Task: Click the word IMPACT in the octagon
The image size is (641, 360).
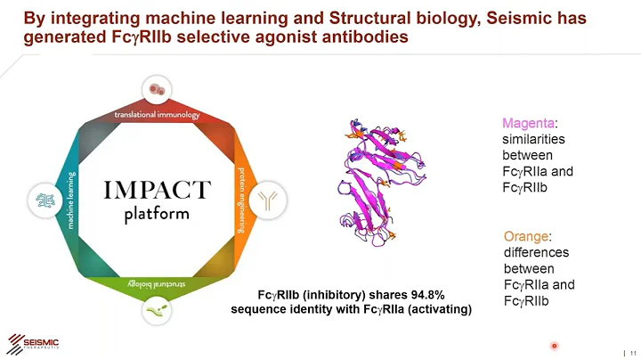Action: click(x=157, y=191)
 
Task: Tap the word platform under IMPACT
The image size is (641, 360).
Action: click(x=157, y=215)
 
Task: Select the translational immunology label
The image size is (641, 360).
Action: click(x=157, y=115)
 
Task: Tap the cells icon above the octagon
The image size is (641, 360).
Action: click(x=157, y=90)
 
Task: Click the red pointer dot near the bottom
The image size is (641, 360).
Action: click(x=554, y=345)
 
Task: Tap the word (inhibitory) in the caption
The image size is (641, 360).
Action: click(x=336, y=295)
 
